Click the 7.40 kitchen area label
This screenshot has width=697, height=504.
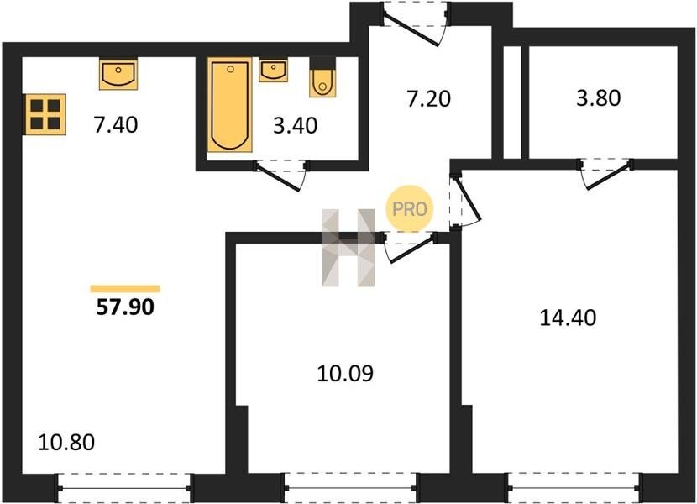(x=116, y=124)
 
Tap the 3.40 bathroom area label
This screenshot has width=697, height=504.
(x=295, y=126)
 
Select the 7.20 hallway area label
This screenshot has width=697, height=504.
(x=428, y=99)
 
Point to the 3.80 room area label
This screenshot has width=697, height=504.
(x=598, y=98)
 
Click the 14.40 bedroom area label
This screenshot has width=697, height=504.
(x=568, y=318)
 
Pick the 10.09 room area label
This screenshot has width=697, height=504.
(x=345, y=374)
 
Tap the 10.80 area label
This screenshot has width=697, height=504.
(x=66, y=443)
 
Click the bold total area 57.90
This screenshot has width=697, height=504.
(x=125, y=307)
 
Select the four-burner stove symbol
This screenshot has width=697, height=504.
(x=45, y=114)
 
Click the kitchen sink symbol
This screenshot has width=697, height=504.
(x=118, y=73)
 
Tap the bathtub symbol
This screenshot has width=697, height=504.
(x=230, y=105)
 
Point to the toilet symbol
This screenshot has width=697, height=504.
(x=322, y=77)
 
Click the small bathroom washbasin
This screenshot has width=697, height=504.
(x=273, y=71)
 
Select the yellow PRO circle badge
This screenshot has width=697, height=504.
(x=410, y=208)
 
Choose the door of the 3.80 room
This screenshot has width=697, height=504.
(x=606, y=173)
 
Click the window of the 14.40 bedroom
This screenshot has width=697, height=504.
(x=574, y=488)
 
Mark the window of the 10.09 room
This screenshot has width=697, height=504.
(x=350, y=488)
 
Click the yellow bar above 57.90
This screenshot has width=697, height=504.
(x=125, y=289)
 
